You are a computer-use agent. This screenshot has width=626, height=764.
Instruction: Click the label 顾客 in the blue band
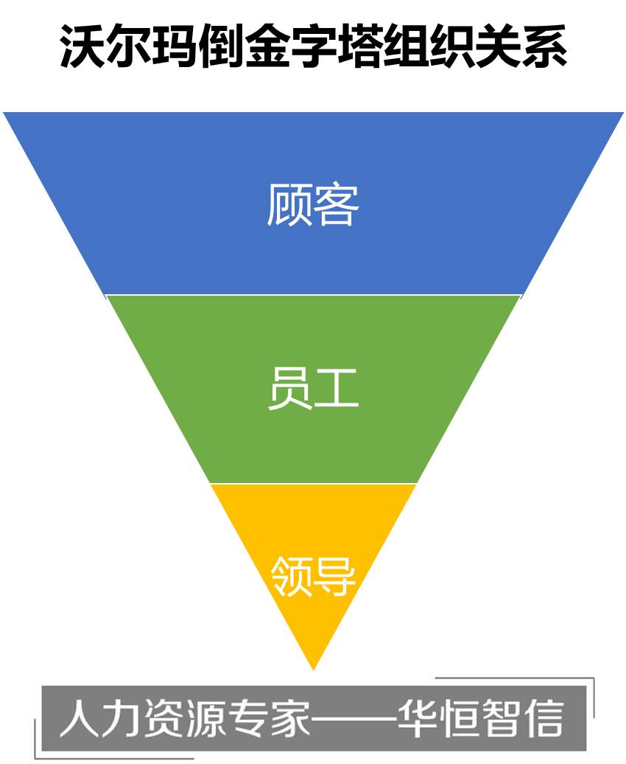313,204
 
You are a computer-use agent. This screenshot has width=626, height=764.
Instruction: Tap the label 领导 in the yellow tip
314,575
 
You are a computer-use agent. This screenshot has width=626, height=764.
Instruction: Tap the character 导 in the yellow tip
335,575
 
